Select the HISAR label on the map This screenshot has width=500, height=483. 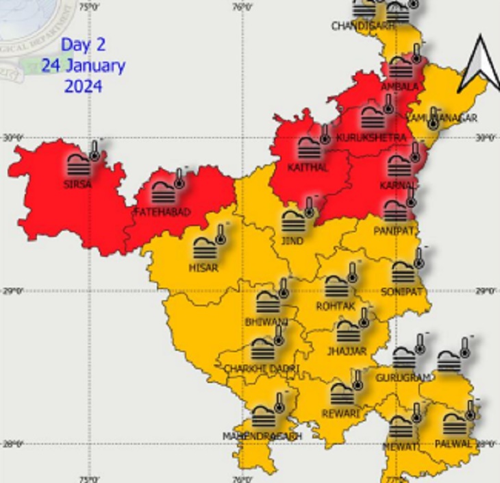202,268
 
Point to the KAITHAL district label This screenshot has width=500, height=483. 308,167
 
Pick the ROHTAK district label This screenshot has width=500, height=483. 336,306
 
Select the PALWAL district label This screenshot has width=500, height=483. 453,444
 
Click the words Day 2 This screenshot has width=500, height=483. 83,45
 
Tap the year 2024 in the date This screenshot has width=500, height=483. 83,86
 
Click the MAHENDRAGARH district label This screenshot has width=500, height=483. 262,436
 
